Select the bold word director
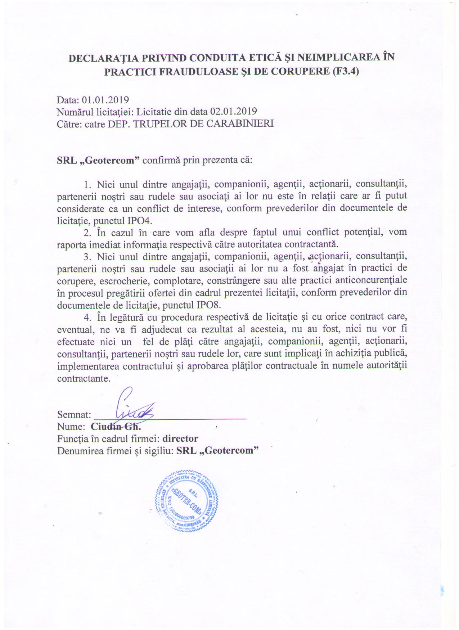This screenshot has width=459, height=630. (180, 438)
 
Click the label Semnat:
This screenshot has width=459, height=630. (74, 415)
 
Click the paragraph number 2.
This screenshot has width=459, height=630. (87, 232)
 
